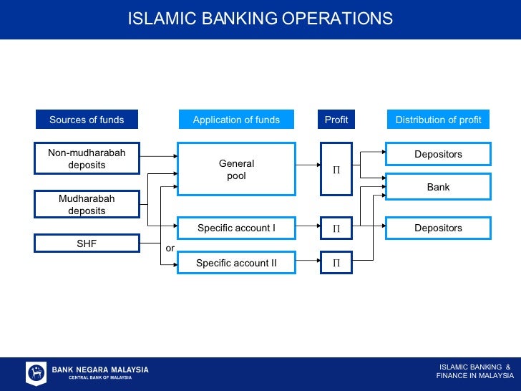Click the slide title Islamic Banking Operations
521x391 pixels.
(x=260, y=19)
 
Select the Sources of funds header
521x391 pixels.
(x=87, y=120)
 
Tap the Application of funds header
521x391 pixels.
(x=236, y=120)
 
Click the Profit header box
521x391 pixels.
(x=336, y=120)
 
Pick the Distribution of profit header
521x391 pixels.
(x=438, y=120)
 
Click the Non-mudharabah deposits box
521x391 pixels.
(x=87, y=159)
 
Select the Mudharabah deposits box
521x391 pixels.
(x=87, y=204)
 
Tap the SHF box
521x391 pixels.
(x=87, y=243)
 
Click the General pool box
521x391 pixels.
(x=236, y=169)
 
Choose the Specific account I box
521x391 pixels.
(x=236, y=228)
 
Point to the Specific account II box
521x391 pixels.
(x=236, y=263)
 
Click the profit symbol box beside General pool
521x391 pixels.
(x=336, y=169)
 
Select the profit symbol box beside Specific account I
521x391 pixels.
(x=336, y=228)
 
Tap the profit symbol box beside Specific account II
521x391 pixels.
(x=336, y=263)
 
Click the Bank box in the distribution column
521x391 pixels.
(x=438, y=187)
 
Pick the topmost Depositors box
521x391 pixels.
(x=438, y=154)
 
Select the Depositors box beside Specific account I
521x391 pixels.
(x=438, y=228)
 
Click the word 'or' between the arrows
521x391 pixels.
(x=170, y=248)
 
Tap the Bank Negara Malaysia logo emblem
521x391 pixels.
(x=36, y=373)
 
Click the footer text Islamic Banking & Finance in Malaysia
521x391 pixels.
(x=474, y=371)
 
